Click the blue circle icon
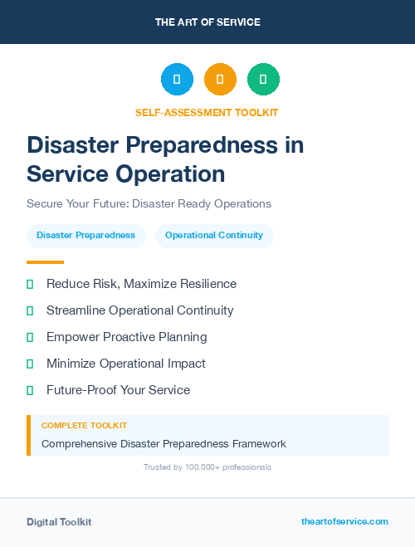point(177,80)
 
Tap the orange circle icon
point(220,80)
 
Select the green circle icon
point(263,80)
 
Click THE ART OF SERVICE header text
point(207,22)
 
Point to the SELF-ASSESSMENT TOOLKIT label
point(207,112)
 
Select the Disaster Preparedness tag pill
point(86,236)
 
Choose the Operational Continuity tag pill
point(214,236)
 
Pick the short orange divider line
point(45,261)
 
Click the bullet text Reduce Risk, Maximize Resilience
point(141,284)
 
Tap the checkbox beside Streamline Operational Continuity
point(30,310)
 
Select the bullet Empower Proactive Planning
point(126,337)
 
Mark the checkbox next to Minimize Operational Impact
point(30,364)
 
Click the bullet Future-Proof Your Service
point(118,390)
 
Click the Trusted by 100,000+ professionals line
point(207,467)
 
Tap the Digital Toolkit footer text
point(59,522)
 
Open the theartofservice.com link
point(344,521)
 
